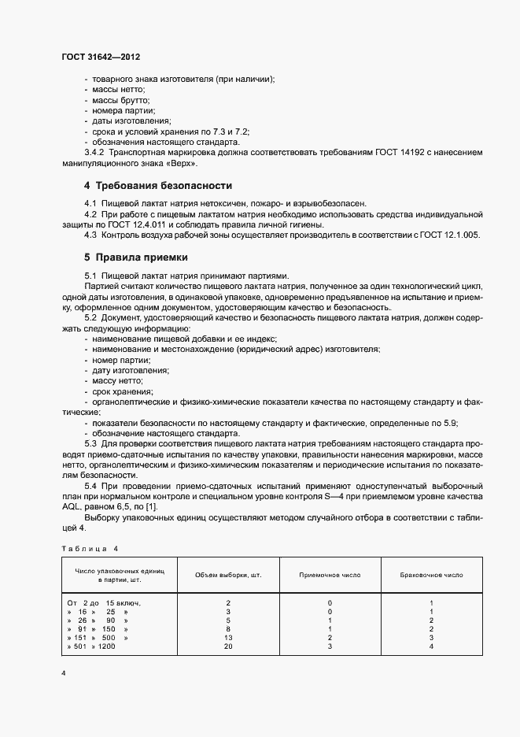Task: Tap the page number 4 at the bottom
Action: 64,674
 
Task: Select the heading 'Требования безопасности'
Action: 164,186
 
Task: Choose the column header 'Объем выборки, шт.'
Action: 227,576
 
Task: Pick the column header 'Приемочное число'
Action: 330,576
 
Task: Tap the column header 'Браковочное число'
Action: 432,576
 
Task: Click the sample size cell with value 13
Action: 227,637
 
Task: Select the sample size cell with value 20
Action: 227,646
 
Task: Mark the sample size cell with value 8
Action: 227,628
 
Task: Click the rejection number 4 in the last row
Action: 432,646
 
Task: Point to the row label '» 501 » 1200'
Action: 92,646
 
